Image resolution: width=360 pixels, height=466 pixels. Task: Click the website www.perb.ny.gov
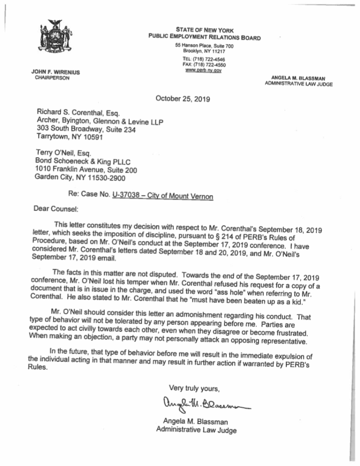click(203, 71)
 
